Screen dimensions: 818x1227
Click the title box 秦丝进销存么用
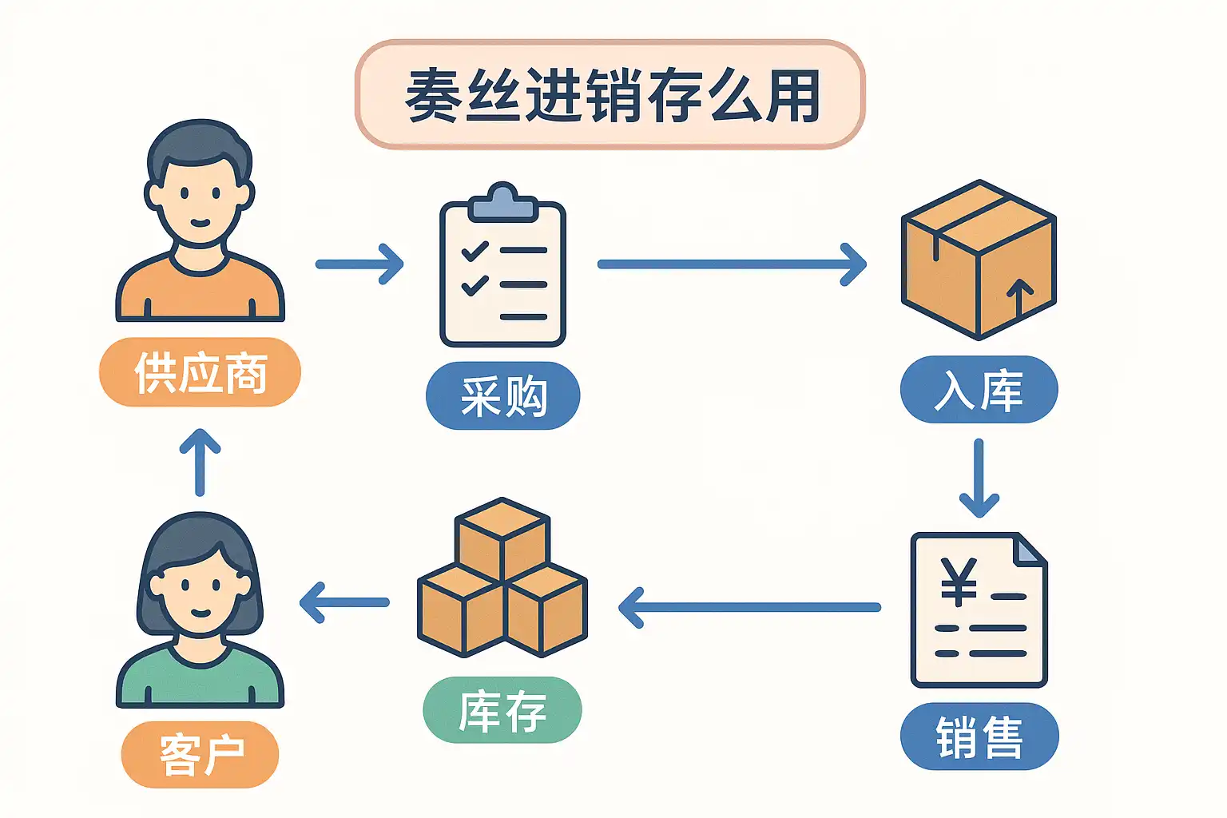(x=610, y=95)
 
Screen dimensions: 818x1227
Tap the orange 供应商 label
(x=200, y=372)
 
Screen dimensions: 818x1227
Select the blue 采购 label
(x=502, y=396)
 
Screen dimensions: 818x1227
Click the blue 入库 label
(x=979, y=390)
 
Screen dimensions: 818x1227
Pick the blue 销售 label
(x=979, y=737)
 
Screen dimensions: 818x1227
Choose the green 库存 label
(x=502, y=710)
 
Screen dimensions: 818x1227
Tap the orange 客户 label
(x=200, y=754)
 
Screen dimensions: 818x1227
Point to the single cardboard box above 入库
(x=979, y=260)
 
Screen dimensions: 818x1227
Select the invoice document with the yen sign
(x=979, y=610)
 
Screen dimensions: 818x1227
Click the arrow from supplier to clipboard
(x=359, y=264)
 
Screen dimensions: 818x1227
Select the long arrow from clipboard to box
(x=732, y=264)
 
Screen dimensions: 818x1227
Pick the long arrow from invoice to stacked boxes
(x=749, y=607)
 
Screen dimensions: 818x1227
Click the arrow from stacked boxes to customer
(x=344, y=602)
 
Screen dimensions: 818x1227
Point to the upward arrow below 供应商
(x=200, y=463)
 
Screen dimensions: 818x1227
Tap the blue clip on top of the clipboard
(x=502, y=202)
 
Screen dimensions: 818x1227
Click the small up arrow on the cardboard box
(x=1019, y=297)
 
